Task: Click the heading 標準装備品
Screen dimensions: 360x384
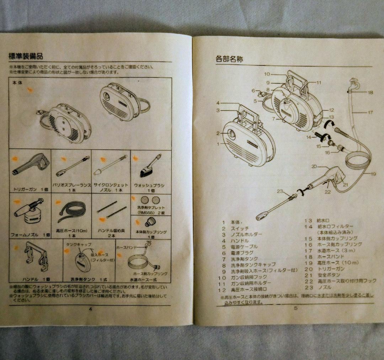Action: tap(26, 56)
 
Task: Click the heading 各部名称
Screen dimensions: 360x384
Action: tap(229, 59)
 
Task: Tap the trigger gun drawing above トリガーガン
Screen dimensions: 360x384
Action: tap(31, 165)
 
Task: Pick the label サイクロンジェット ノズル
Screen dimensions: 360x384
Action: tap(111, 187)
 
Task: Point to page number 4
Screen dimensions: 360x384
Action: tap(90, 308)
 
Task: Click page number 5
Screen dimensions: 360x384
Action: tap(295, 308)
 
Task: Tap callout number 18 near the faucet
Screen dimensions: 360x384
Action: tap(370, 92)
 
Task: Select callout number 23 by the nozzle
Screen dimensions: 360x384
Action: tap(280, 191)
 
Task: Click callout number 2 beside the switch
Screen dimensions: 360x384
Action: tap(218, 133)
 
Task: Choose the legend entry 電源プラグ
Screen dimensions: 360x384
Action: tap(244, 253)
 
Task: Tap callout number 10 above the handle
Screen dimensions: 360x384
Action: tap(267, 74)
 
